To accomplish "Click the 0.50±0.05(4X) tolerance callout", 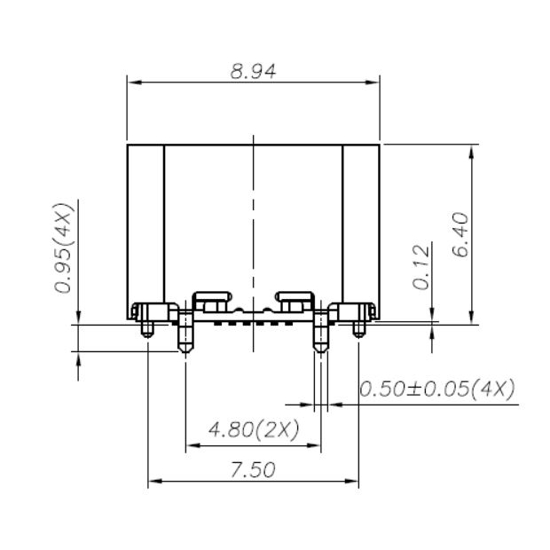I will tap(436, 389).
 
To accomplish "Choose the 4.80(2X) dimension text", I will tap(253, 430).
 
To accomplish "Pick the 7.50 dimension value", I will tap(253, 469).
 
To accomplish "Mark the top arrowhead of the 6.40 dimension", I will tap(472, 151).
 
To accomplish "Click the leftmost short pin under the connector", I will tap(147, 328).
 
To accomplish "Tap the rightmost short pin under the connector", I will tap(357, 328).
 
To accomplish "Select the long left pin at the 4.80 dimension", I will tap(185, 337).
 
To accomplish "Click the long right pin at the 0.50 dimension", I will tap(320, 337).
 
